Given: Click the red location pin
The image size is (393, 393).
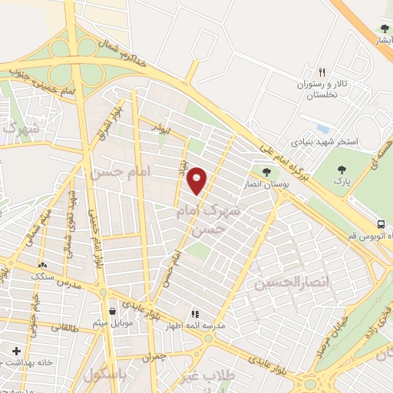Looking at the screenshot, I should coord(198,180).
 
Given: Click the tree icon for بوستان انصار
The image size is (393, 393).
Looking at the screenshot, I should coord(266,172).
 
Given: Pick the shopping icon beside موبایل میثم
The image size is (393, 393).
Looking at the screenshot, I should coord(114,311).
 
